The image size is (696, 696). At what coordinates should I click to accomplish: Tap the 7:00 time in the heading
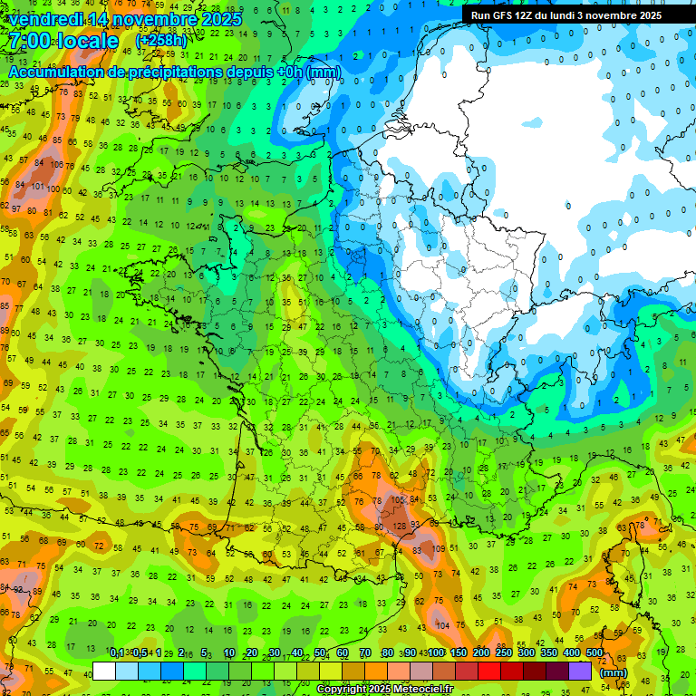[31, 42]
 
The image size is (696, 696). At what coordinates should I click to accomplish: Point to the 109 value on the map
[440, 549]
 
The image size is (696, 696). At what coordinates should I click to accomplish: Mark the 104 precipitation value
[441, 625]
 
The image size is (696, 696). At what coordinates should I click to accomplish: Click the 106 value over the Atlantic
[57, 165]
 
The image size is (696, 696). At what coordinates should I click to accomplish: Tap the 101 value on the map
[38, 186]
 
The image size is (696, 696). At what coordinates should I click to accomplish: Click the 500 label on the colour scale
[594, 652]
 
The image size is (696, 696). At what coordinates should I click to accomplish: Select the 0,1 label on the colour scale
[117, 652]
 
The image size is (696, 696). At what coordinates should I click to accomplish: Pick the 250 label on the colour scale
[504, 652]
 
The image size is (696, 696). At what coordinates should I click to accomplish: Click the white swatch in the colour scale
[104, 671]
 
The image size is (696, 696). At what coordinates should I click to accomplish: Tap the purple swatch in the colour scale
[580, 671]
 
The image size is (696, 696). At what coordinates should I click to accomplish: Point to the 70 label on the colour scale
[365, 652]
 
